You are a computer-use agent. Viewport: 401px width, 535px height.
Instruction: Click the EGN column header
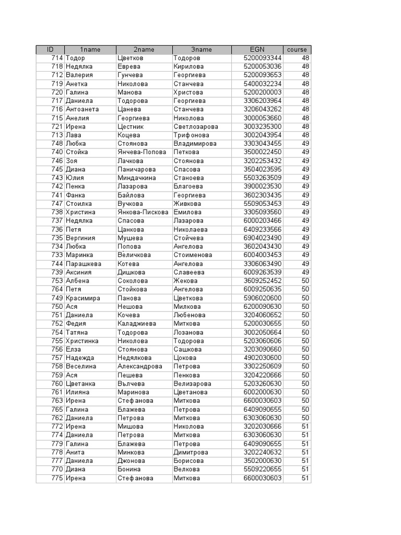coord(257,50)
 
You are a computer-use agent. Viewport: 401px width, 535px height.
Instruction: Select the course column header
coord(297,50)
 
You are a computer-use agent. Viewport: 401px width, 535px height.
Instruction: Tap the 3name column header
coord(202,50)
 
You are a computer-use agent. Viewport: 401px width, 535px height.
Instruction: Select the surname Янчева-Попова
coord(142,152)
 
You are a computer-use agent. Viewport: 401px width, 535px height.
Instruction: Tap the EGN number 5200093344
coord(263,58)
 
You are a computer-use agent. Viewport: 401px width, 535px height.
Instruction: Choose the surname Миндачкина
coord(137,178)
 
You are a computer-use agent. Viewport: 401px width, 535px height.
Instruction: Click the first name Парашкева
coord(84,264)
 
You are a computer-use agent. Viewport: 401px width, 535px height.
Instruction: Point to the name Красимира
coord(82,298)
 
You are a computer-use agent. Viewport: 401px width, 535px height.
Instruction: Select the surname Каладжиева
coord(137,323)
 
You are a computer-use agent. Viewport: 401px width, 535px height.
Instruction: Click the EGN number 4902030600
coord(263,358)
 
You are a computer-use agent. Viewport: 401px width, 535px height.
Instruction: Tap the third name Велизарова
coord(192,383)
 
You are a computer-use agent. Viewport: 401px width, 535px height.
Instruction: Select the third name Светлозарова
coord(196,126)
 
